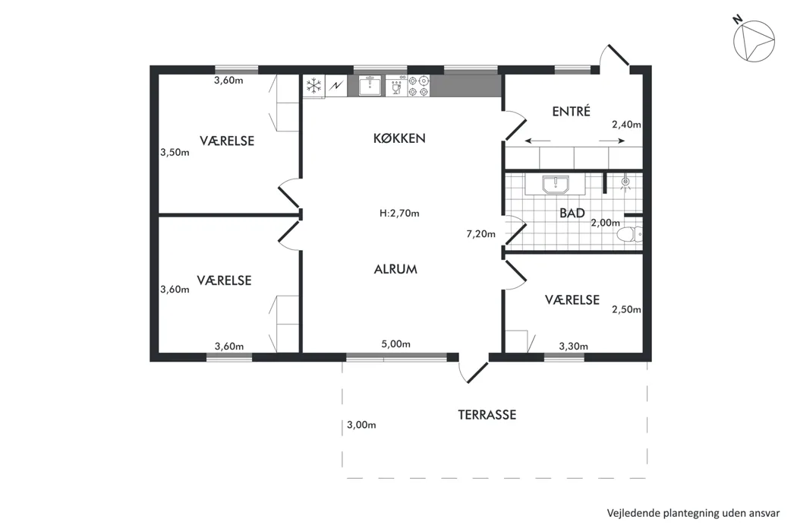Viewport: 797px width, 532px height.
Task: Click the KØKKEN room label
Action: pyautogui.click(x=399, y=138)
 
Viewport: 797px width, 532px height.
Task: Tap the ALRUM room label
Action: pyautogui.click(x=395, y=269)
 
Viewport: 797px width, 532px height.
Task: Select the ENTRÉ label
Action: pyautogui.click(x=572, y=111)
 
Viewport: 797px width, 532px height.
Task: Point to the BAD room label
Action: pyautogui.click(x=572, y=213)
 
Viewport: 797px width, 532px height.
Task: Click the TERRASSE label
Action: pyautogui.click(x=487, y=415)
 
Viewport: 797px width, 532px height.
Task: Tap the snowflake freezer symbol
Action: pyautogui.click(x=314, y=86)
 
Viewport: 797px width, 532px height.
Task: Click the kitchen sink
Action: pyautogui.click(x=370, y=86)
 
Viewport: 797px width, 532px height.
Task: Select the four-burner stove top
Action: pyautogui.click(x=418, y=86)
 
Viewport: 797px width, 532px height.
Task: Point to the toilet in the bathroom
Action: pyautogui.click(x=630, y=235)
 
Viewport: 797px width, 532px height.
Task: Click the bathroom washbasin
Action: pyautogui.click(x=556, y=184)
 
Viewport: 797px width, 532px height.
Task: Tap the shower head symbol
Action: pyautogui.click(x=625, y=182)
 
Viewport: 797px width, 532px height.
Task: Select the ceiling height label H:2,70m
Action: pyautogui.click(x=399, y=214)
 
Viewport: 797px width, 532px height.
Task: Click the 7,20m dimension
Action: pyautogui.click(x=480, y=234)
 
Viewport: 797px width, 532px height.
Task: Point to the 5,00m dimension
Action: pyautogui.click(x=396, y=344)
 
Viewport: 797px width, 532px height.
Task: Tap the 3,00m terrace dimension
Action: pyautogui.click(x=361, y=425)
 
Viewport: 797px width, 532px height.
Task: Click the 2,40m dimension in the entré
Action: pyautogui.click(x=626, y=125)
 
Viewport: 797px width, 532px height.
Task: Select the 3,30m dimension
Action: pyautogui.click(x=573, y=347)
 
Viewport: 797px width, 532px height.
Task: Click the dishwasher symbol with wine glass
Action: pyautogui.click(x=396, y=86)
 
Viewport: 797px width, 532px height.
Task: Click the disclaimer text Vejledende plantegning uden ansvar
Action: pyautogui.click(x=693, y=513)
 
